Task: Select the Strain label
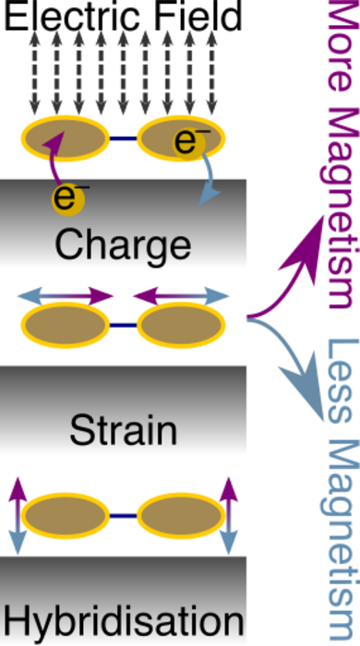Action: tap(123, 429)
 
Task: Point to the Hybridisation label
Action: tap(123, 617)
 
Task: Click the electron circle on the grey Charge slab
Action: tap(67, 197)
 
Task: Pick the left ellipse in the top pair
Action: tap(66, 138)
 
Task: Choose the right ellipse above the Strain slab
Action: tap(181, 325)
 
